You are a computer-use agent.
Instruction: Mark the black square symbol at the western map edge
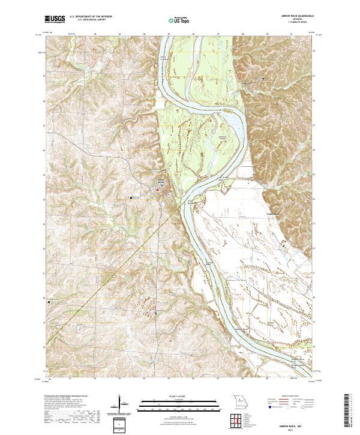click(x=49, y=302)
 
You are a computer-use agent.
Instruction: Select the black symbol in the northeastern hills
click(x=262, y=79)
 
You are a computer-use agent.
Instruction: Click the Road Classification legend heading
click(x=292, y=397)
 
